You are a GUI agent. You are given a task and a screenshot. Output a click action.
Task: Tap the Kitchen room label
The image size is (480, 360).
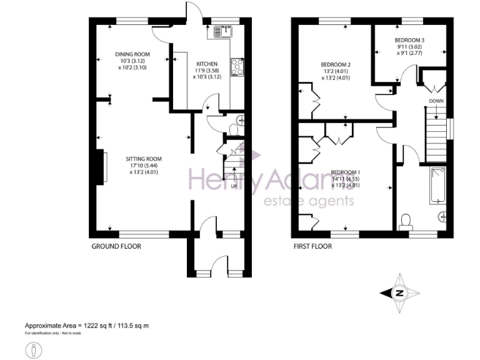click(207, 64)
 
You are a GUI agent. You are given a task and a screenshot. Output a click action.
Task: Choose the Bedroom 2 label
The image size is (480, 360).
click(336, 64)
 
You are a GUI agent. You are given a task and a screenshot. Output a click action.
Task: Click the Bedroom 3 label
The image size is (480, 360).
click(409, 40)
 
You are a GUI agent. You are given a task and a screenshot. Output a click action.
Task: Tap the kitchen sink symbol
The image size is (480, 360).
click(223, 31)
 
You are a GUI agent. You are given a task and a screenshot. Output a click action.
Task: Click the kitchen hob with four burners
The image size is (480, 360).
click(237, 66)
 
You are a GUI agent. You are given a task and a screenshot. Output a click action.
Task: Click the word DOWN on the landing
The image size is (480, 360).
click(436, 100)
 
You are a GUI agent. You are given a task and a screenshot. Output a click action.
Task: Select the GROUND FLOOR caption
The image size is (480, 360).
click(116, 246)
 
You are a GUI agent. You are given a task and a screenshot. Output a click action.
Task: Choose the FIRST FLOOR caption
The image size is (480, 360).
click(312, 246)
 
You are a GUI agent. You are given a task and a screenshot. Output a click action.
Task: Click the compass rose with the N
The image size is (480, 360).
click(398, 292)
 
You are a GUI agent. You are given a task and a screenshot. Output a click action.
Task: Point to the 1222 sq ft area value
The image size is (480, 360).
click(96, 326)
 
